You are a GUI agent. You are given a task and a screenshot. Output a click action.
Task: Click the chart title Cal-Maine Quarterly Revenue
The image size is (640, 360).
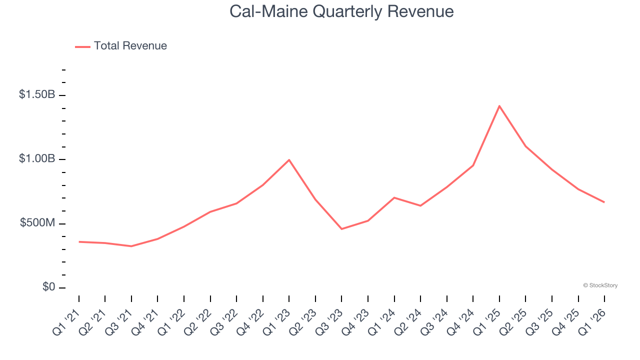point(341,11)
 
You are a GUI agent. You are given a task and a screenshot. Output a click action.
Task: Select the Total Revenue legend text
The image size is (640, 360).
point(130,46)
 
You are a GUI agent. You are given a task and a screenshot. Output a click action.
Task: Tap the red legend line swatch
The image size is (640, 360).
point(82,46)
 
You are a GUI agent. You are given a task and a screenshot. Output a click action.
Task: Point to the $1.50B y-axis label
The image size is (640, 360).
point(37,94)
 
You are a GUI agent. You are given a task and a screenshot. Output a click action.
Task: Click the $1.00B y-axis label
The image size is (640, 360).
point(37,158)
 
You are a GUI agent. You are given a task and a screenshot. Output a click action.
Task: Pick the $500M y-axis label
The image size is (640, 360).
point(37,223)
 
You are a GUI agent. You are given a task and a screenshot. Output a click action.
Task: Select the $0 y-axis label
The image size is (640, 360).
point(48,287)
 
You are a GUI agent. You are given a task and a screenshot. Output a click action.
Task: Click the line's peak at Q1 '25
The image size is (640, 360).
point(499,106)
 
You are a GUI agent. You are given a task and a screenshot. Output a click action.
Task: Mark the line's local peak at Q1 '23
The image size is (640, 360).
point(289,160)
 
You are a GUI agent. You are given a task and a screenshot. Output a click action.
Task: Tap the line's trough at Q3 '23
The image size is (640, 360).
point(341,229)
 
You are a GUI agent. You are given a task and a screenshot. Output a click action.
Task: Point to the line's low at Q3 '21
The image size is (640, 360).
point(131,246)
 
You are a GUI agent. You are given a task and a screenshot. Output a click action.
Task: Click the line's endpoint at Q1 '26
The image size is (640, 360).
point(604,202)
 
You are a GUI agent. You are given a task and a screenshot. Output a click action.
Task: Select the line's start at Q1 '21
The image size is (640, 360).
point(79,242)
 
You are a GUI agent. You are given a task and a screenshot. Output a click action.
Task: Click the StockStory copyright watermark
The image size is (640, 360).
point(600,285)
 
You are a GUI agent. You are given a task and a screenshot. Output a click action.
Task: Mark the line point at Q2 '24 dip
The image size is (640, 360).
point(420,205)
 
